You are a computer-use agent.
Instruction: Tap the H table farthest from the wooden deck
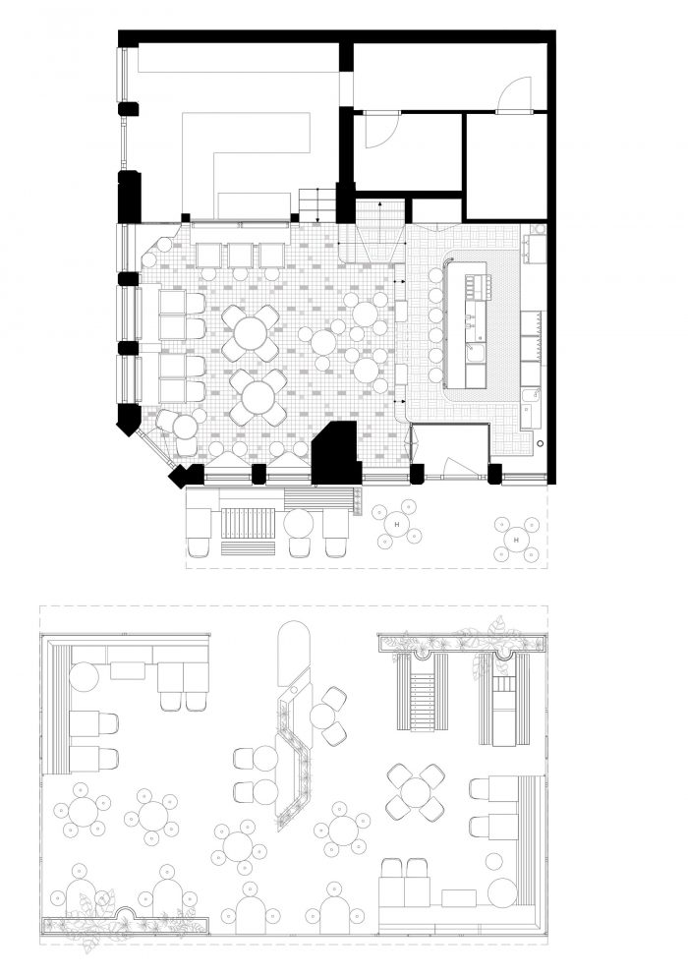516,540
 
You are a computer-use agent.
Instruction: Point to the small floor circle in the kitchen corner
541,444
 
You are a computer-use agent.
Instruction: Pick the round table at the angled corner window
185,427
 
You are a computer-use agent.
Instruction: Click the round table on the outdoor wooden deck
299,523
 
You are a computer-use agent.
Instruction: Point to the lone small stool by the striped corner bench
494,861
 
